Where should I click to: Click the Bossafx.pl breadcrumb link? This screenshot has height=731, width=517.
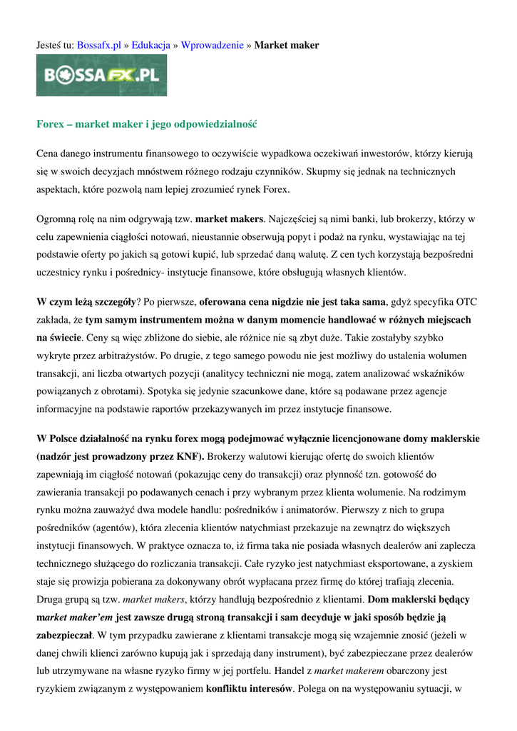click(x=98, y=45)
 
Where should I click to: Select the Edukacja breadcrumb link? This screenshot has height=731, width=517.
click(x=150, y=45)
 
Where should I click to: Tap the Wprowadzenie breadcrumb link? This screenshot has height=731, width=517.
click(x=212, y=45)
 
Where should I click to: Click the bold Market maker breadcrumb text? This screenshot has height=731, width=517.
click(x=287, y=45)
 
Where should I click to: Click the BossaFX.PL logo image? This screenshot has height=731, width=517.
click(x=102, y=75)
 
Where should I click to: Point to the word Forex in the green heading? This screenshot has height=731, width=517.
click(x=51, y=124)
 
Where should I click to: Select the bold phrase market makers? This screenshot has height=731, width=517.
click(x=230, y=218)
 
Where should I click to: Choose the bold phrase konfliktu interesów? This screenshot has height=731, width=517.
click(x=250, y=689)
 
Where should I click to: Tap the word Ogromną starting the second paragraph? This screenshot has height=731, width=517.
click(x=57, y=218)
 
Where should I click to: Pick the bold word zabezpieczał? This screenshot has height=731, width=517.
click(x=64, y=635)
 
